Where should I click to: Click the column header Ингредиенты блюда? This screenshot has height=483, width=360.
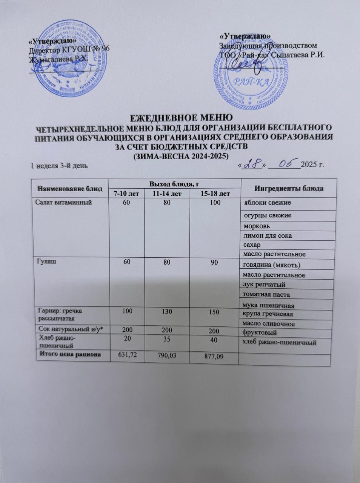[x=289, y=188]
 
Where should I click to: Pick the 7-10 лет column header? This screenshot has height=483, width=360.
[x=126, y=194]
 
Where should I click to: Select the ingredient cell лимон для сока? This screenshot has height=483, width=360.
[x=268, y=236]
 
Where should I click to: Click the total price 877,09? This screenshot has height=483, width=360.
[x=212, y=357]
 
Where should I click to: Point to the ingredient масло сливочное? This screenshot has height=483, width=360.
[x=269, y=323]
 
